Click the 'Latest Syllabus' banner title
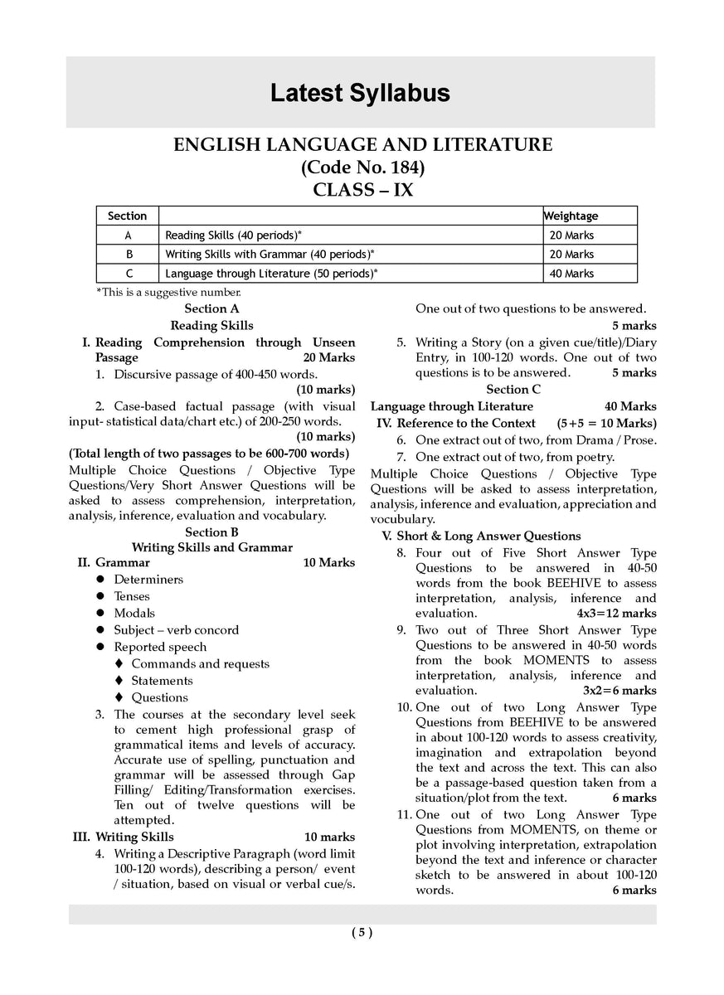(360, 93)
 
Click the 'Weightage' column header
(571, 216)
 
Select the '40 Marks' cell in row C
(571, 273)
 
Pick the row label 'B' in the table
(128, 254)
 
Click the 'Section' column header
(127, 216)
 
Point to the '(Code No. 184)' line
(362, 167)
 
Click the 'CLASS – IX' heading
(362, 190)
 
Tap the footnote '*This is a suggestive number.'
(168, 292)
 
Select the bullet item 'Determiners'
(148, 580)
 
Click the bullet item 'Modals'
(134, 613)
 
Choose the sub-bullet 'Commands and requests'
(200, 663)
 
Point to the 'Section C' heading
(513, 389)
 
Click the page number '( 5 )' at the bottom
(362, 932)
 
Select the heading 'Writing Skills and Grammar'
(212, 547)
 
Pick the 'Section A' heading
(211, 308)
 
